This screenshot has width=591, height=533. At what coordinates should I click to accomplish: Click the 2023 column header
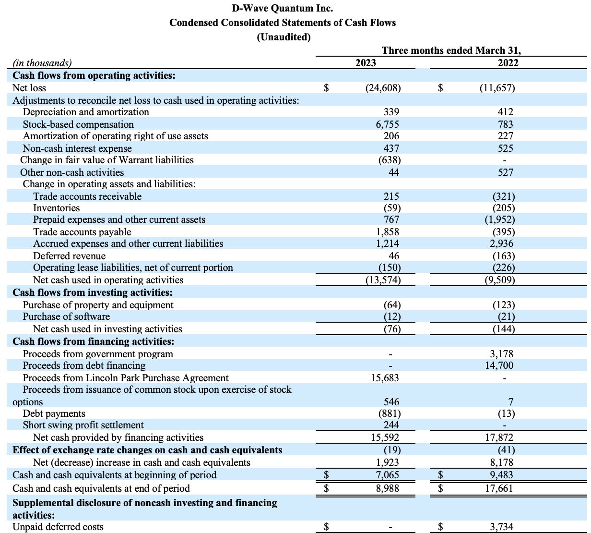[x=366, y=63]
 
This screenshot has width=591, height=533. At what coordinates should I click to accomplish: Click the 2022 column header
[x=508, y=63]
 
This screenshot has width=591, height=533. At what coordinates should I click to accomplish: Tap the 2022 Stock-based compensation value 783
[x=505, y=124]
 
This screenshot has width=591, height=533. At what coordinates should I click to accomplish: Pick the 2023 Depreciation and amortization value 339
[x=391, y=112]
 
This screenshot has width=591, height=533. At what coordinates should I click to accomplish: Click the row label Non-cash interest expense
[x=77, y=148]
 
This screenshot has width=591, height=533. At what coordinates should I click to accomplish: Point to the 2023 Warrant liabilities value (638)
[x=390, y=160]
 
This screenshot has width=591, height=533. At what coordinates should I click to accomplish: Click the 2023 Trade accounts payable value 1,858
[x=388, y=232]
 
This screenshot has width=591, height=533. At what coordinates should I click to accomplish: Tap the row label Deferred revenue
[x=69, y=256]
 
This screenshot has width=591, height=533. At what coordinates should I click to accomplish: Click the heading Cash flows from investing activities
[x=93, y=292]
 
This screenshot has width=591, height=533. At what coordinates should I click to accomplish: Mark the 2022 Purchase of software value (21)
[x=506, y=316]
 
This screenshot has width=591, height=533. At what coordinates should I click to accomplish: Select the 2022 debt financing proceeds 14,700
[x=499, y=365]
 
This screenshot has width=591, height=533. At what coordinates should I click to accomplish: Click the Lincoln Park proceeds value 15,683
[x=385, y=378]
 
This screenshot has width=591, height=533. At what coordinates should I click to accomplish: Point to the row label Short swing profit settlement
[x=83, y=425]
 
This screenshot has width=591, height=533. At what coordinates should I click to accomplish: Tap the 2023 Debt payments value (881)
[x=390, y=413]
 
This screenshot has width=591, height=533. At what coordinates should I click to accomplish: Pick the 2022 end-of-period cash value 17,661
[x=499, y=488]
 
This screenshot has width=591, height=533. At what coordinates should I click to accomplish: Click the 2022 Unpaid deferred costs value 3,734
[x=501, y=526]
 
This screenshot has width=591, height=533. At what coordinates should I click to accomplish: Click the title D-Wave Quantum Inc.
[x=282, y=8]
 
